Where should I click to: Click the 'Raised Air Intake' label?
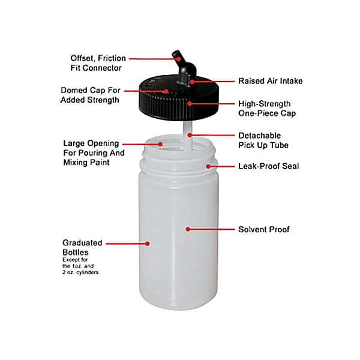[x=270, y=81]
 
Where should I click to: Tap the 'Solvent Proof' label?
[x=264, y=229]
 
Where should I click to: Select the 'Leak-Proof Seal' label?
[x=269, y=166]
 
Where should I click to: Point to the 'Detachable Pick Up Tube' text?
[x=263, y=140]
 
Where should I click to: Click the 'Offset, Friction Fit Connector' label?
[x=98, y=63]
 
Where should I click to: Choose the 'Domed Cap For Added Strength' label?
[x=91, y=95]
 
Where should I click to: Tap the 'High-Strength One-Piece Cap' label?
[x=267, y=109]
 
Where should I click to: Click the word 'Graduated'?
[x=82, y=242]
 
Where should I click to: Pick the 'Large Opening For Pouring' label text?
[x=94, y=148]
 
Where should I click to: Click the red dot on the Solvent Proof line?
[x=188, y=229]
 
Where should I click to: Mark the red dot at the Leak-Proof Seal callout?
[x=208, y=166]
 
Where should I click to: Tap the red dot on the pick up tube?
[x=190, y=135]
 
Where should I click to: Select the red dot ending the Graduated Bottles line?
[x=148, y=244]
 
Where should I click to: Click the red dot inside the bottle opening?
[x=160, y=144]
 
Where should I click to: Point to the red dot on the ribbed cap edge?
[x=190, y=104]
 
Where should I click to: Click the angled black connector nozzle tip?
[x=176, y=53]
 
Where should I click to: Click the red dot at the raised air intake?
[x=192, y=82]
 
